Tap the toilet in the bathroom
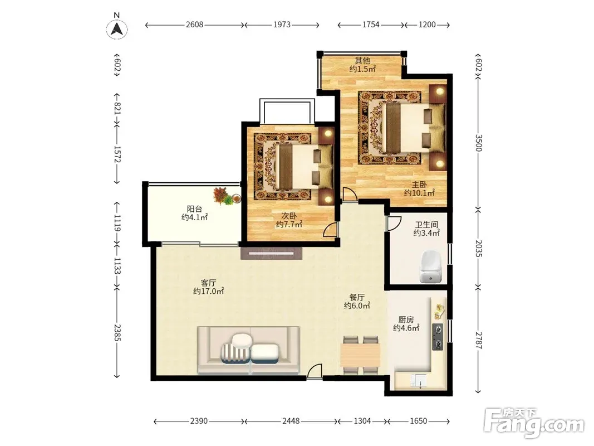pos(431,266)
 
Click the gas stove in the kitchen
pos(438,337)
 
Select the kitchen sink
pos(418,381)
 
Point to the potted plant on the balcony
pos(226,196)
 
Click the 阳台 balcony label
pos(195,209)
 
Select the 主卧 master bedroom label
pos(419,185)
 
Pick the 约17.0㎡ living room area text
pos(208,291)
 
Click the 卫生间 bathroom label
pos(426,225)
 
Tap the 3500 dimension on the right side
pos(478,143)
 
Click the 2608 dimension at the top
pos(194,25)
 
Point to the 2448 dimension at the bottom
pos(291,421)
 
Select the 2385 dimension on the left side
pos(117,332)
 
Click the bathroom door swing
pos(394,224)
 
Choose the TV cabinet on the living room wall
pos(271,253)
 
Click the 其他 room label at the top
pos(362,60)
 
